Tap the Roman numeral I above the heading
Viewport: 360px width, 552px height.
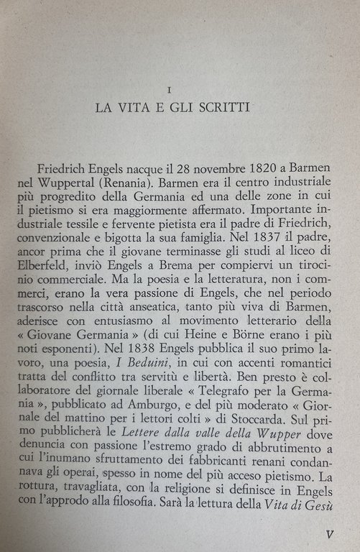(167, 90)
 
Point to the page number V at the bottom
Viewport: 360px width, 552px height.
(328, 535)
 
